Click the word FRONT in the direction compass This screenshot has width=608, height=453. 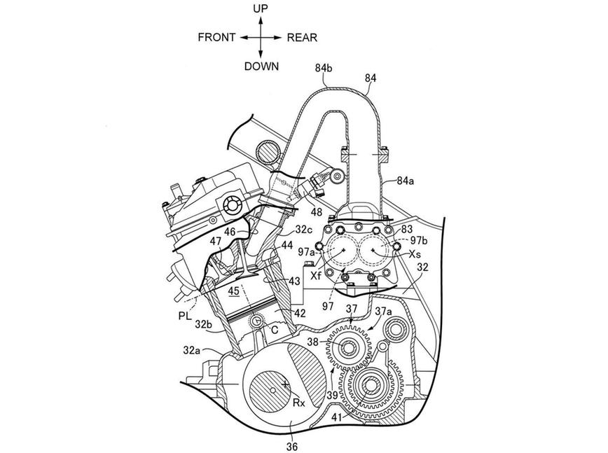(216, 38)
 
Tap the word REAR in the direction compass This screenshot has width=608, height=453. (302, 38)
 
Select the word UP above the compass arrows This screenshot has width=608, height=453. (261, 8)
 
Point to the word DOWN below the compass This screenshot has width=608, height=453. (261, 67)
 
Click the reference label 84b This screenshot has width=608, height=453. (324, 69)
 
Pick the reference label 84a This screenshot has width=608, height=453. (405, 180)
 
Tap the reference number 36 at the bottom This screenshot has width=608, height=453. (291, 447)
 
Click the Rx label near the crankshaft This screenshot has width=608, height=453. (299, 403)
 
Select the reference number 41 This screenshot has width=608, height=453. (337, 417)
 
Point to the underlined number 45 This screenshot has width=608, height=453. (234, 291)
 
